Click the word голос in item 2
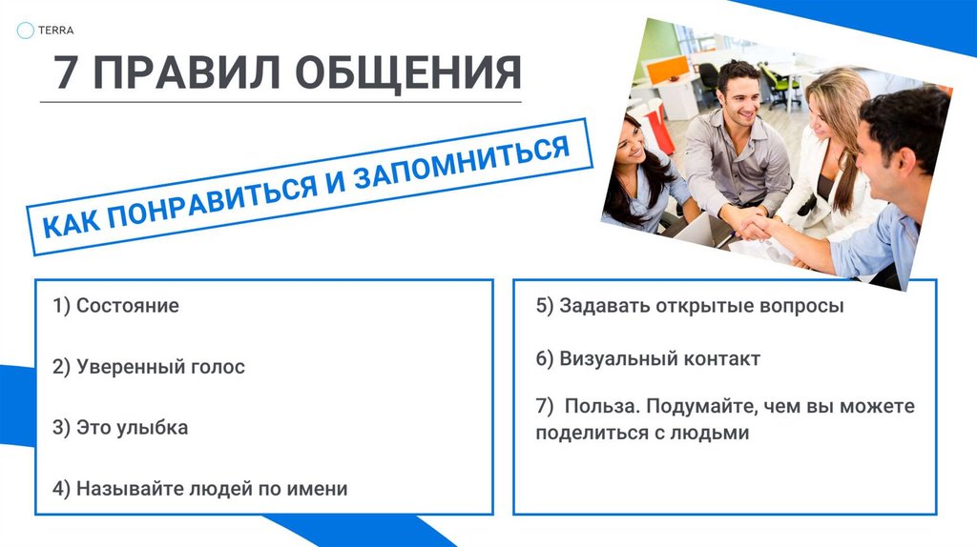click(x=216, y=367)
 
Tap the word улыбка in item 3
click(x=152, y=428)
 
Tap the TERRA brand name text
click(x=57, y=30)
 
